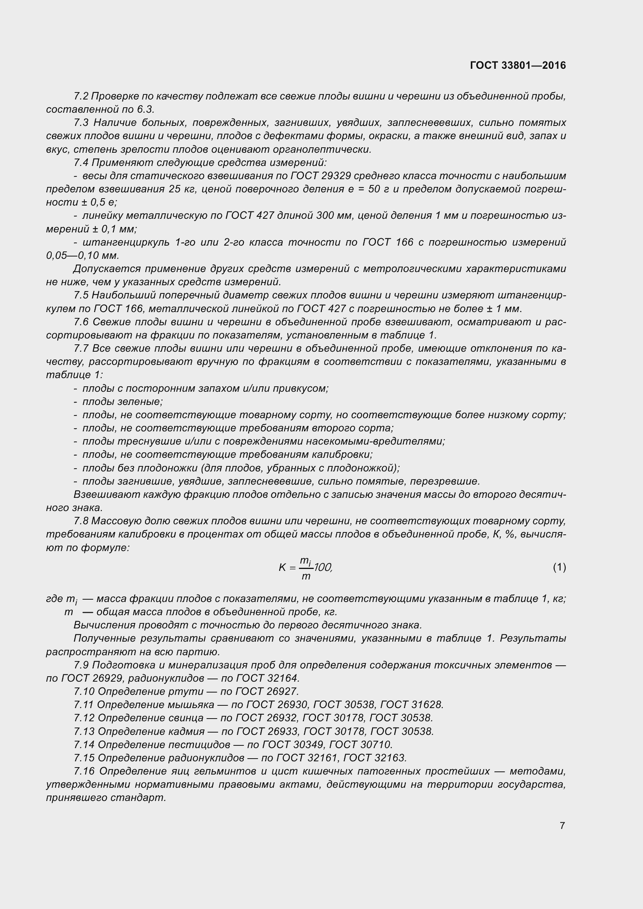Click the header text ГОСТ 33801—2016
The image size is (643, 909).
coord(518,65)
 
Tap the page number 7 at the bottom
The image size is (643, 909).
coord(562,825)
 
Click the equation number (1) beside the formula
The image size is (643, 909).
coord(559,567)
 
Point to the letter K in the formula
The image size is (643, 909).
coord(282,568)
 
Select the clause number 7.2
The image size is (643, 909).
coord(81,96)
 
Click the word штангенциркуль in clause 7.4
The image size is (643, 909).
coord(126,242)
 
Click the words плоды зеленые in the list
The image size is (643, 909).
coord(122,401)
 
